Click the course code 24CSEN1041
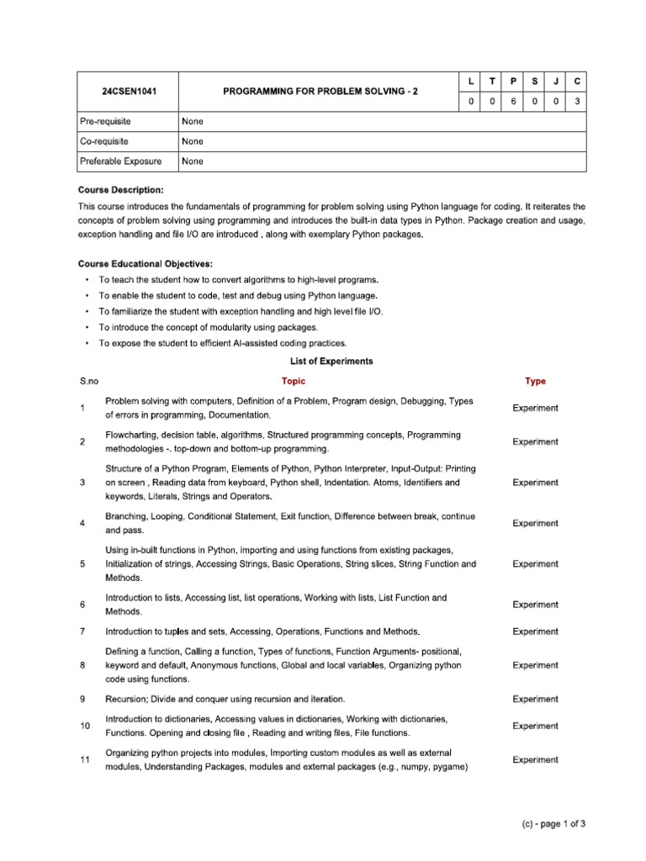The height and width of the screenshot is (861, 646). click(x=127, y=91)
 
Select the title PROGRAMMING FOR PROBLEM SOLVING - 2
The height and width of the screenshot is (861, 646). click(x=320, y=91)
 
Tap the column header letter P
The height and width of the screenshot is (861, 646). click(x=513, y=81)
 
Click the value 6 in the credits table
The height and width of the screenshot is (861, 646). click(x=513, y=101)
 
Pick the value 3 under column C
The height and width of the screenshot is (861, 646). click(x=576, y=101)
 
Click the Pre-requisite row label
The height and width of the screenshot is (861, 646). click(x=105, y=121)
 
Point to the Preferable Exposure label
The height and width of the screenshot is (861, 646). click(x=120, y=161)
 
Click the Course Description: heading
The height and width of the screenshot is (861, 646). click(x=120, y=191)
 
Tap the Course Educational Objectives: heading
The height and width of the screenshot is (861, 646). click(x=145, y=264)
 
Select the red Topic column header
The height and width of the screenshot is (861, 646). click(x=294, y=381)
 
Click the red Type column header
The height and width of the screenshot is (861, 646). click(x=535, y=381)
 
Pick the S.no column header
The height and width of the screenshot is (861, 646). click(x=89, y=381)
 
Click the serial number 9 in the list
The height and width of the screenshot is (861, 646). click(x=82, y=699)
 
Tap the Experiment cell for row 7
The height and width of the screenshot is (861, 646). click(x=535, y=631)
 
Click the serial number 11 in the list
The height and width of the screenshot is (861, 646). click(x=85, y=760)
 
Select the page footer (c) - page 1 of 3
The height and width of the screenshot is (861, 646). click(x=553, y=824)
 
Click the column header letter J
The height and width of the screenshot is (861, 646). click(x=555, y=81)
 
